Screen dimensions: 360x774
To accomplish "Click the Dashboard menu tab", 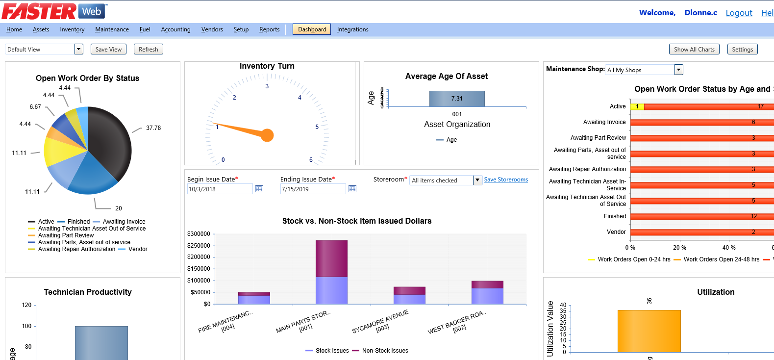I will [312, 29].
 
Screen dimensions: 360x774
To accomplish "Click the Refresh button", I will [148, 50].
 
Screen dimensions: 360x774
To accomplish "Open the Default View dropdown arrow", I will [79, 49].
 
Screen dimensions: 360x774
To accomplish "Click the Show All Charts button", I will [694, 50].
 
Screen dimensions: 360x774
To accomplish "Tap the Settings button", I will [742, 50].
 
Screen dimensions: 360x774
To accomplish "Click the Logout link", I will [739, 13].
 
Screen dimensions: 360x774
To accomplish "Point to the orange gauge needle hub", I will [267, 135].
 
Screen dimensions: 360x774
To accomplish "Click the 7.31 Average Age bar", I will [457, 99].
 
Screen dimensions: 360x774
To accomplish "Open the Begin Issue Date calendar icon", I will [259, 189].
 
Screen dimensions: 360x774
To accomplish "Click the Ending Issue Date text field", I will [313, 189].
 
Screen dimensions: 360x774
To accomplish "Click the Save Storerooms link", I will [506, 180].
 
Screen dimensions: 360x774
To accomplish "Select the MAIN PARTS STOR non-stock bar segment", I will [331, 258].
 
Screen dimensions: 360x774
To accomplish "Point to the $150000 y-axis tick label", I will [199, 269].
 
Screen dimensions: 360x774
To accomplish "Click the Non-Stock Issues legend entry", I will [385, 351].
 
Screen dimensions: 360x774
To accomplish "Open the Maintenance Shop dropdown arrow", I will [678, 70].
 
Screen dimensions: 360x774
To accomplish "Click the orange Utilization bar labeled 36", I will [649, 331].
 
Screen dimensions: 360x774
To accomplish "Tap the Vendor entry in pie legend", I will [137, 249].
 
